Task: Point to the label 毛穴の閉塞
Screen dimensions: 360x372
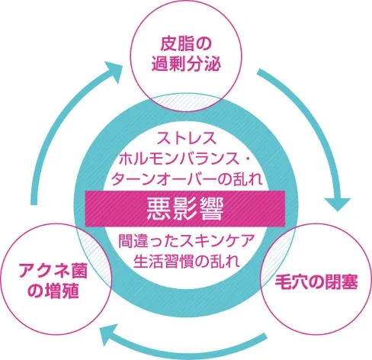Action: click(313, 278)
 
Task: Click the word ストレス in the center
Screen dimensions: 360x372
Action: click(186, 140)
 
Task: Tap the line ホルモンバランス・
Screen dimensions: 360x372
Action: click(185, 159)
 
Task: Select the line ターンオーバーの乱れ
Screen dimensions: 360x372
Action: click(185, 179)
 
